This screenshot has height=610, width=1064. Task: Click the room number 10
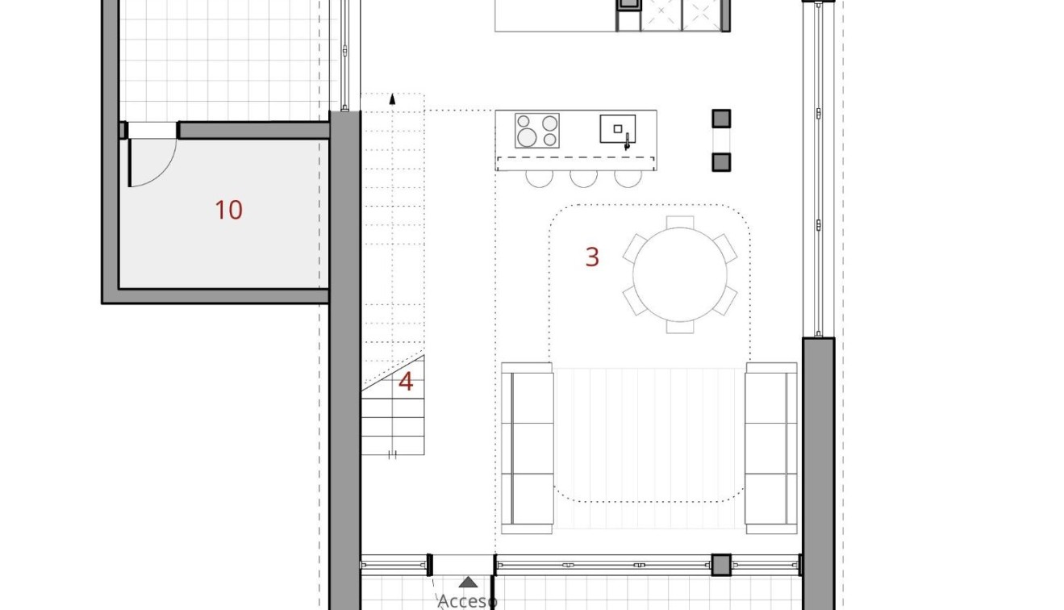[228, 211]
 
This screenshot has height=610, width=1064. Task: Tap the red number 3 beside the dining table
[592, 257]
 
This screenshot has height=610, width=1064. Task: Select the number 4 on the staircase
[406, 382]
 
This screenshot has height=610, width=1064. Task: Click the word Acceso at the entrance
[467, 600]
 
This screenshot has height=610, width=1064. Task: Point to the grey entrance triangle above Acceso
[468, 582]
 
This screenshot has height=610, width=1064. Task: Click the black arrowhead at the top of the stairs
[392, 99]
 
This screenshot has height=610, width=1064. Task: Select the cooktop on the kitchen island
[537, 131]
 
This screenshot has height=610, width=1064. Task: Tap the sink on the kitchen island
[617, 129]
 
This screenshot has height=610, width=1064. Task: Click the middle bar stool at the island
[583, 178]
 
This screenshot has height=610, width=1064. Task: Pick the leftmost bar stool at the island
[539, 178]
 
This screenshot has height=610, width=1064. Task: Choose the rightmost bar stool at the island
[627, 178]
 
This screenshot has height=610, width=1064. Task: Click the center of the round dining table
[680, 275]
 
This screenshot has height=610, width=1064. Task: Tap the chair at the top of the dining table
[680, 222]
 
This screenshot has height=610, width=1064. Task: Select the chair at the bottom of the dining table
[680, 327]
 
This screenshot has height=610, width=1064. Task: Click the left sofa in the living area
[527, 448]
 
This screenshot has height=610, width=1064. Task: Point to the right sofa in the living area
[770, 448]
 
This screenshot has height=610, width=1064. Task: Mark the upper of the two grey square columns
[721, 119]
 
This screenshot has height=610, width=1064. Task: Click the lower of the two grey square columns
[721, 162]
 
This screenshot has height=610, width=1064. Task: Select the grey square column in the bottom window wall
[720, 565]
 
